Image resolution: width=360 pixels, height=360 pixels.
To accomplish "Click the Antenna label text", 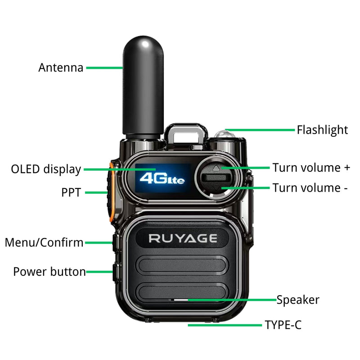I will point(61,68).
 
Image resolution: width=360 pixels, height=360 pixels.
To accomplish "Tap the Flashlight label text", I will point(322,130).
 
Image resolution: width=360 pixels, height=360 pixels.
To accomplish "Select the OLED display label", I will point(46,170).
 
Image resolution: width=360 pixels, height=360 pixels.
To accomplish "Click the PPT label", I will point(71,193).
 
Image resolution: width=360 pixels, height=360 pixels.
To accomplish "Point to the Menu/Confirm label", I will point(44,243).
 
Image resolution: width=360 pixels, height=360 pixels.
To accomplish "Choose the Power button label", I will point(49,272).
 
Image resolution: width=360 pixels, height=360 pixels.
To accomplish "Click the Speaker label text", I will point(297,300).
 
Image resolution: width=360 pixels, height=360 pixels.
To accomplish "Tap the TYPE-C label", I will point(283,325).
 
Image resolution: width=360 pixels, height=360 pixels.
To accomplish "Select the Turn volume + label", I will point(311,168).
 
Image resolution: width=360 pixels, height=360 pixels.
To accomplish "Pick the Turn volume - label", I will point(310,188).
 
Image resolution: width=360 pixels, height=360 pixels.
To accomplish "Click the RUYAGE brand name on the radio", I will point(183,238).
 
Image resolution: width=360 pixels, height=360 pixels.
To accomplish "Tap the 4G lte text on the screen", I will point(162,178).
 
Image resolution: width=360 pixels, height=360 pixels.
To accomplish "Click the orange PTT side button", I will point(110,193).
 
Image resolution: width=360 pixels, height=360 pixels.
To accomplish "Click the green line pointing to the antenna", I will point(104,68).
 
